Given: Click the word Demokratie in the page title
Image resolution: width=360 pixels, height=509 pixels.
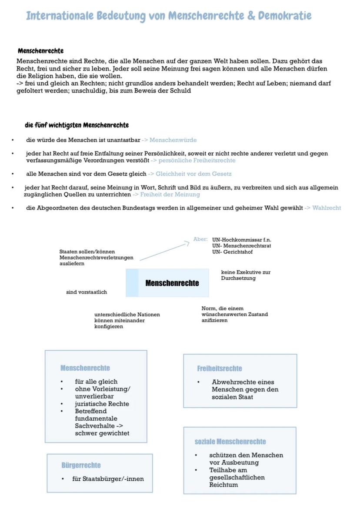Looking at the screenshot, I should pos(285,16).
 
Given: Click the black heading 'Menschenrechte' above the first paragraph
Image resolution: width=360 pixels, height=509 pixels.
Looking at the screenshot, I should pos(41,51).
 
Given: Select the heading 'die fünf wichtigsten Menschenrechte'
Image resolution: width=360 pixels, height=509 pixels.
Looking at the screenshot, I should pos(77,125).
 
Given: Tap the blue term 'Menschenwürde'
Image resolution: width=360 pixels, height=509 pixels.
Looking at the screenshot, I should pos(173,140).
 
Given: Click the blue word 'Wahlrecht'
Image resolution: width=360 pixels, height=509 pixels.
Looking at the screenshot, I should pos(327,208).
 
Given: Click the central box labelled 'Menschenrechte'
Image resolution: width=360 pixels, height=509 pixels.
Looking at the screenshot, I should pos(167,283).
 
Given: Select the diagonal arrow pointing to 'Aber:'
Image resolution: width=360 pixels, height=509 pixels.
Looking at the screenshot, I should pos(164,251).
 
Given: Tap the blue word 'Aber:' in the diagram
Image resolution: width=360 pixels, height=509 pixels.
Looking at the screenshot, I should pos(200,239).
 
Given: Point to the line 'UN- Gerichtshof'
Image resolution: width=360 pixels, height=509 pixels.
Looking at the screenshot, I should pos(233,252).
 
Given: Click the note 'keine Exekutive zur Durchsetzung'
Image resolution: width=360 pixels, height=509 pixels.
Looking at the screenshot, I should pos(246,275).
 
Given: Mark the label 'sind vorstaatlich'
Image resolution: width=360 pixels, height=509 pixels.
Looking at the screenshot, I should pos(87,292).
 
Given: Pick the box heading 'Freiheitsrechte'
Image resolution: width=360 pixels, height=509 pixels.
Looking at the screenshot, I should pos(220,368).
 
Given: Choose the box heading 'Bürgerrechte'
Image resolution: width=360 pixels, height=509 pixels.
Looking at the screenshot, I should pos(81,465).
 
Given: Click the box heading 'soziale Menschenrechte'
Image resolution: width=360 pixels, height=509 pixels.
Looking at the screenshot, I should pos(230,442).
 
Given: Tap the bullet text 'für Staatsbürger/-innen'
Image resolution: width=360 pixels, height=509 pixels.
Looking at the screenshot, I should pos(108,479).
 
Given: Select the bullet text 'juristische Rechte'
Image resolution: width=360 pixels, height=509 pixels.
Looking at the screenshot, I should pos(102,404).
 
